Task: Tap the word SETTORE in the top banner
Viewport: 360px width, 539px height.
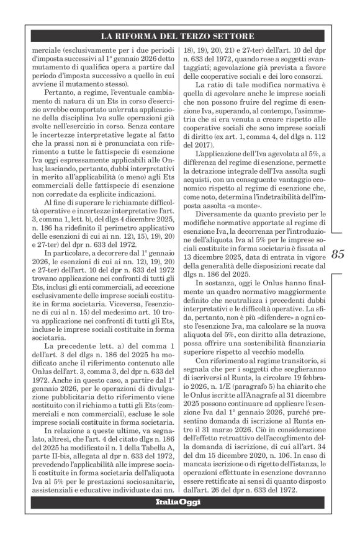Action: click(x=233, y=35)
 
